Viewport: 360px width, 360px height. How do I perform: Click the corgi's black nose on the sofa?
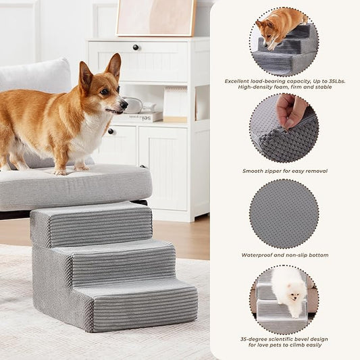124,104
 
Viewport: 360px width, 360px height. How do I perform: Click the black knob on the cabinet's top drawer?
136,47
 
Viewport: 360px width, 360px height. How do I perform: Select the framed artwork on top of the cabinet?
155,18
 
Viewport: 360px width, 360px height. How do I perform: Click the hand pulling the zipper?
291,109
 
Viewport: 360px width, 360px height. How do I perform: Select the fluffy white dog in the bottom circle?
288,290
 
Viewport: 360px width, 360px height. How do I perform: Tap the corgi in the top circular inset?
277,25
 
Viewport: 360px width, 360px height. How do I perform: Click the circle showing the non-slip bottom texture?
284,213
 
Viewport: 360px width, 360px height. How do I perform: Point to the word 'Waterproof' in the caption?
259,255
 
